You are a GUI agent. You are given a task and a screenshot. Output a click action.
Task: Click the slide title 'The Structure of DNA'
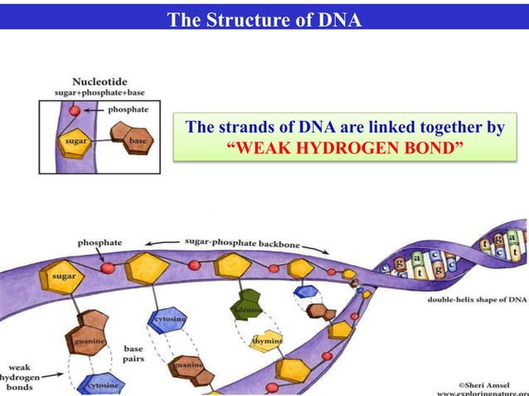(264, 19)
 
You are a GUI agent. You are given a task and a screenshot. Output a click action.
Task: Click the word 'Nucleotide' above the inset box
(99, 82)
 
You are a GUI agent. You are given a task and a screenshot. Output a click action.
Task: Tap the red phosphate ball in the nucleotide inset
(74, 111)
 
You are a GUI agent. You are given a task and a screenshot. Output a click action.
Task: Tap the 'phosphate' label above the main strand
(99, 242)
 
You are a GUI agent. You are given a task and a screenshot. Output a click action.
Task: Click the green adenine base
(246, 304)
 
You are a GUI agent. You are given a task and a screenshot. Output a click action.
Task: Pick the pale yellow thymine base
(267, 340)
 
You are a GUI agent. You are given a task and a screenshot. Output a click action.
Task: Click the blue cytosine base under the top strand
(168, 319)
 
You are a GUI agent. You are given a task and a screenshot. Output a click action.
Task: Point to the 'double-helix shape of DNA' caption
(477, 299)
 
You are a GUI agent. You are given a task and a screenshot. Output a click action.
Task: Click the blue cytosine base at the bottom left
(102, 384)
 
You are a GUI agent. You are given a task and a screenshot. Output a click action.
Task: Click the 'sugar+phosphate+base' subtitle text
(99, 93)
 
